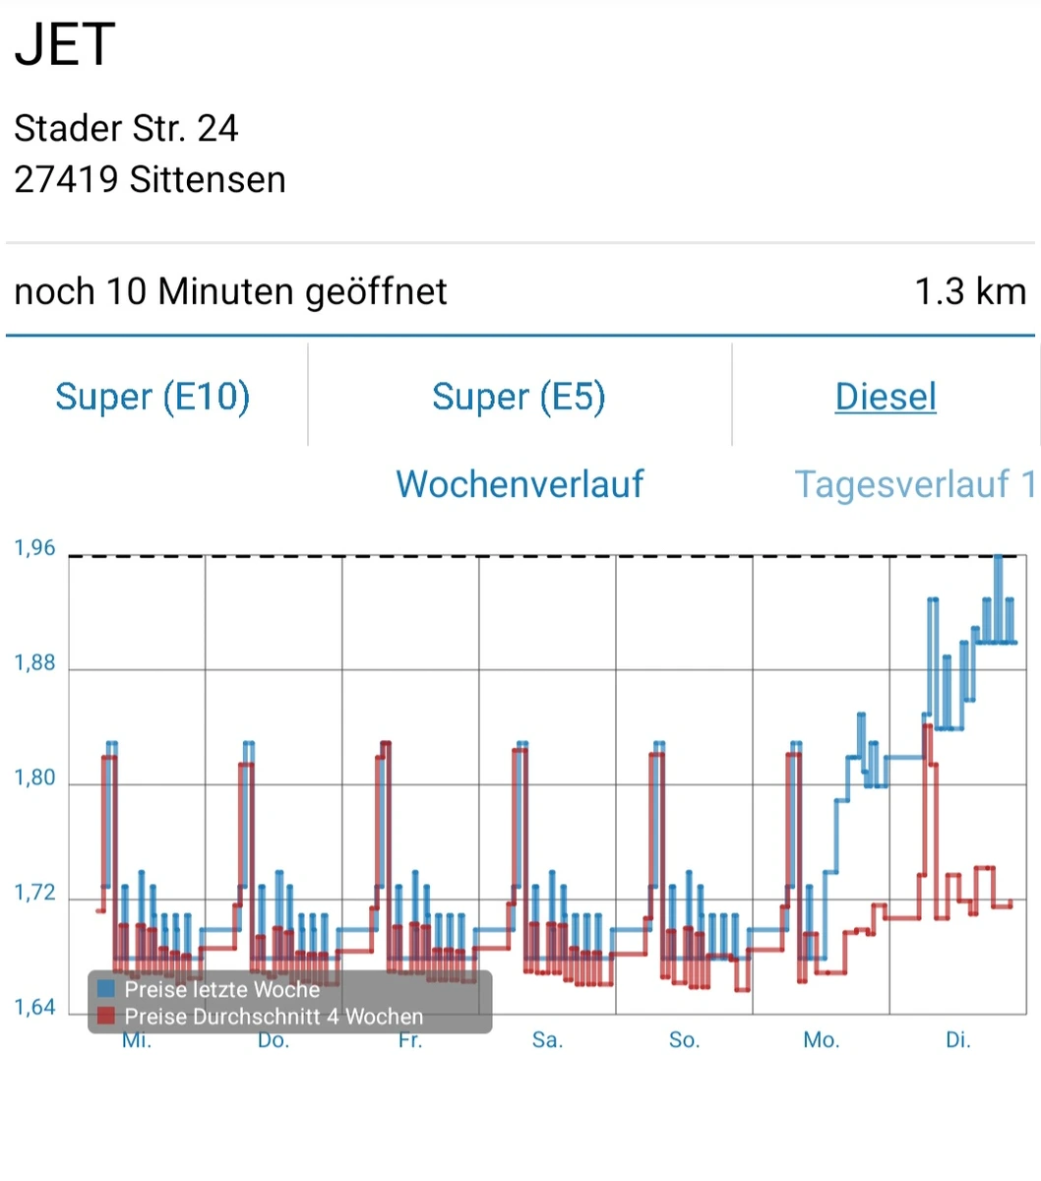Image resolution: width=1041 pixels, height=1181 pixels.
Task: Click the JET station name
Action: tap(65, 45)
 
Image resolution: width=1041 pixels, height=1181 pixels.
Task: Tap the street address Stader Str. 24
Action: tap(126, 128)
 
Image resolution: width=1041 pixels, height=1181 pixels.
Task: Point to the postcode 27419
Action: tap(66, 180)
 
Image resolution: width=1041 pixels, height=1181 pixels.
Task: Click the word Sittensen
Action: tap(208, 180)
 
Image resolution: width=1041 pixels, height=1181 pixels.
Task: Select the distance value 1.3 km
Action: tap(970, 291)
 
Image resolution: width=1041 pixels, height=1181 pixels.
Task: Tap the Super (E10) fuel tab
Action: tap(153, 397)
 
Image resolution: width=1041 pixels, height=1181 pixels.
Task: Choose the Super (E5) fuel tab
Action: tap(519, 397)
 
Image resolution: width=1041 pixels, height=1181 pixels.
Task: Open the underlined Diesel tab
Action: tap(886, 397)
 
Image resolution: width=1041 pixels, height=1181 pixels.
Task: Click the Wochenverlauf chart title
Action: tap(520, 484)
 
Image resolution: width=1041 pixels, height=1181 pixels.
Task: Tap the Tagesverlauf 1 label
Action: tap(914, 484)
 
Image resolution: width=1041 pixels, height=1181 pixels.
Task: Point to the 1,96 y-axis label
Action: tap(34, 548)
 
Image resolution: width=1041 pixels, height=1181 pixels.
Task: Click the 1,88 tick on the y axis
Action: tap(34, 663)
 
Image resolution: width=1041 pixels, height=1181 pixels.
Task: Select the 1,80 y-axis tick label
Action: tap(34, 778)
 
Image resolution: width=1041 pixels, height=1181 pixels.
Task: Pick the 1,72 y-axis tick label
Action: tap(34, 894)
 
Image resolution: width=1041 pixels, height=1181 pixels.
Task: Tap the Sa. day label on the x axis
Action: tap(547, 1040)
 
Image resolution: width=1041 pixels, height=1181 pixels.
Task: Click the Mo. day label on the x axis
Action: tap(822, 1040)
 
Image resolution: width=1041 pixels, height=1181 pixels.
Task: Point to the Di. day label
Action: tap(957, 1040)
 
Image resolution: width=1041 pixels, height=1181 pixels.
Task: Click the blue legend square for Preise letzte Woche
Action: tap(106, 989)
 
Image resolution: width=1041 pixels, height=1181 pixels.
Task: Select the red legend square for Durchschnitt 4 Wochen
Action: tap(106, 1016)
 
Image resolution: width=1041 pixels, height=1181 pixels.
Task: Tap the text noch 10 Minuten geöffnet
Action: tap(230, 291)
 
